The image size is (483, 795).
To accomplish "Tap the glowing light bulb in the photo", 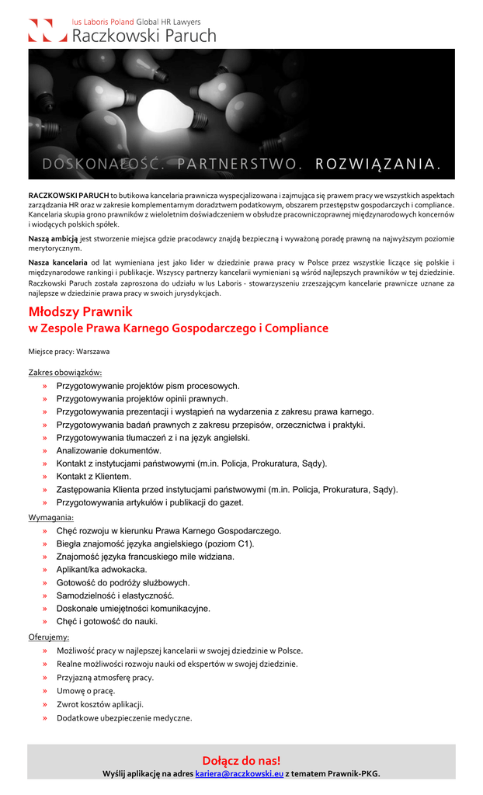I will coord(165,109).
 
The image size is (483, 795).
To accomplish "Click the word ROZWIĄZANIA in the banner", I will coord(379,165).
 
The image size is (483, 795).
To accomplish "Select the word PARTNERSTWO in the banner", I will coord(238,165).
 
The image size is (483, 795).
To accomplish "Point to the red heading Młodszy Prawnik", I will coord(81,311).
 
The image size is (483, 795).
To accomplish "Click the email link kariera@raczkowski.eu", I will coord(239,773).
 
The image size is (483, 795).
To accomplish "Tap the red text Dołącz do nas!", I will coord(241,760).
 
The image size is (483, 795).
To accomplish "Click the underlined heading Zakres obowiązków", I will coord(65,373).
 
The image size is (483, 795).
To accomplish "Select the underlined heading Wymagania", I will coord(51,517).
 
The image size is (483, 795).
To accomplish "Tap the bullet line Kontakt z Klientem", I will coord(94,476).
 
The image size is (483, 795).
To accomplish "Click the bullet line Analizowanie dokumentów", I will coord(109,450).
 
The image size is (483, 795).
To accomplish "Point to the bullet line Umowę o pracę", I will coord(86,690).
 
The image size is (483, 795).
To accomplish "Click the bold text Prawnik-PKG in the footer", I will coord(353,773).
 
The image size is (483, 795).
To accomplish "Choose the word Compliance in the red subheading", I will coord(296,328).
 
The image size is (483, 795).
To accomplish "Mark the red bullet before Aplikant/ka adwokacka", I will coord(45,570).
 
